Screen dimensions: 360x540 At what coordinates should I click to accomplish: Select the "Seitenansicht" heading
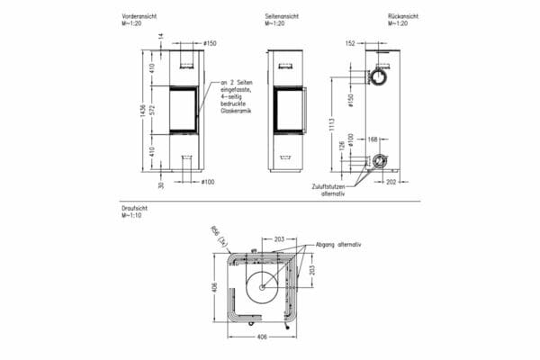click(280, 16)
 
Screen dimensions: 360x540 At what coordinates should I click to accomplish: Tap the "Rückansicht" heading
click(404, 16)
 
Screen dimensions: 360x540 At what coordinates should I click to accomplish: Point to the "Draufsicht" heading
click(132, 208)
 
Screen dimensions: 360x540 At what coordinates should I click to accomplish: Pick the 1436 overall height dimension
click(142, 109)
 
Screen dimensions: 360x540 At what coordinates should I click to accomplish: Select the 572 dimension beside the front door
click(153, 110)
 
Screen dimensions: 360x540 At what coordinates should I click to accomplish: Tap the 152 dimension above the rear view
click(350, 42)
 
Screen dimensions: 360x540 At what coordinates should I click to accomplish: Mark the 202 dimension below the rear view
click(390, 181)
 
